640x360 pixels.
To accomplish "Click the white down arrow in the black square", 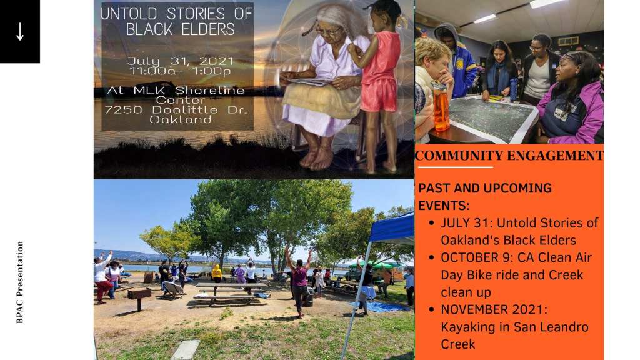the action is point(20,31).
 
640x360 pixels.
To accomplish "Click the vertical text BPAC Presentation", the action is point(19,282).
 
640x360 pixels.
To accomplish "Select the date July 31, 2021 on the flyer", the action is point(181,61).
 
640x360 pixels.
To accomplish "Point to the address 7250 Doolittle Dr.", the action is point(176,110).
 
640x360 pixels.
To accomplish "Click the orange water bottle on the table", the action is point(441,106).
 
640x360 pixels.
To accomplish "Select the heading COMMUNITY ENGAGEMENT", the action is point(509,156).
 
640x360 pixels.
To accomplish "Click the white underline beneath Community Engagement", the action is point(456,167).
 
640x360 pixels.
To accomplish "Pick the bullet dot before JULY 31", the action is point(431,223).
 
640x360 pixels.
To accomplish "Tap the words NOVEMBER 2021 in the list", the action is point(494,310).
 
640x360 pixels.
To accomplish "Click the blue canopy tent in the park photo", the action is point(392,229).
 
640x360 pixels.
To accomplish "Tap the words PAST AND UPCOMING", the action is point(485,188).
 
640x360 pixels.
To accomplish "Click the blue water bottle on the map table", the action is point(514,90).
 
